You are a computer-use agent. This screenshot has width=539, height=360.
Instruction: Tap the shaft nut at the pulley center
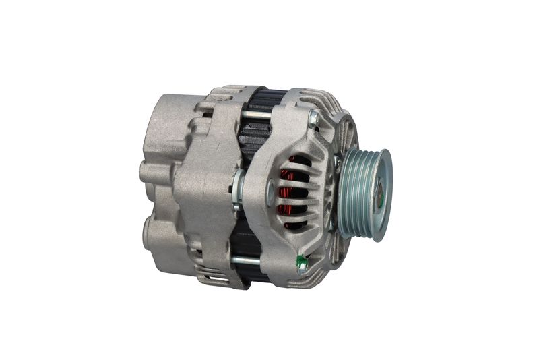379,195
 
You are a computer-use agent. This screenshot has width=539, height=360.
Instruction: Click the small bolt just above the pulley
337,161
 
